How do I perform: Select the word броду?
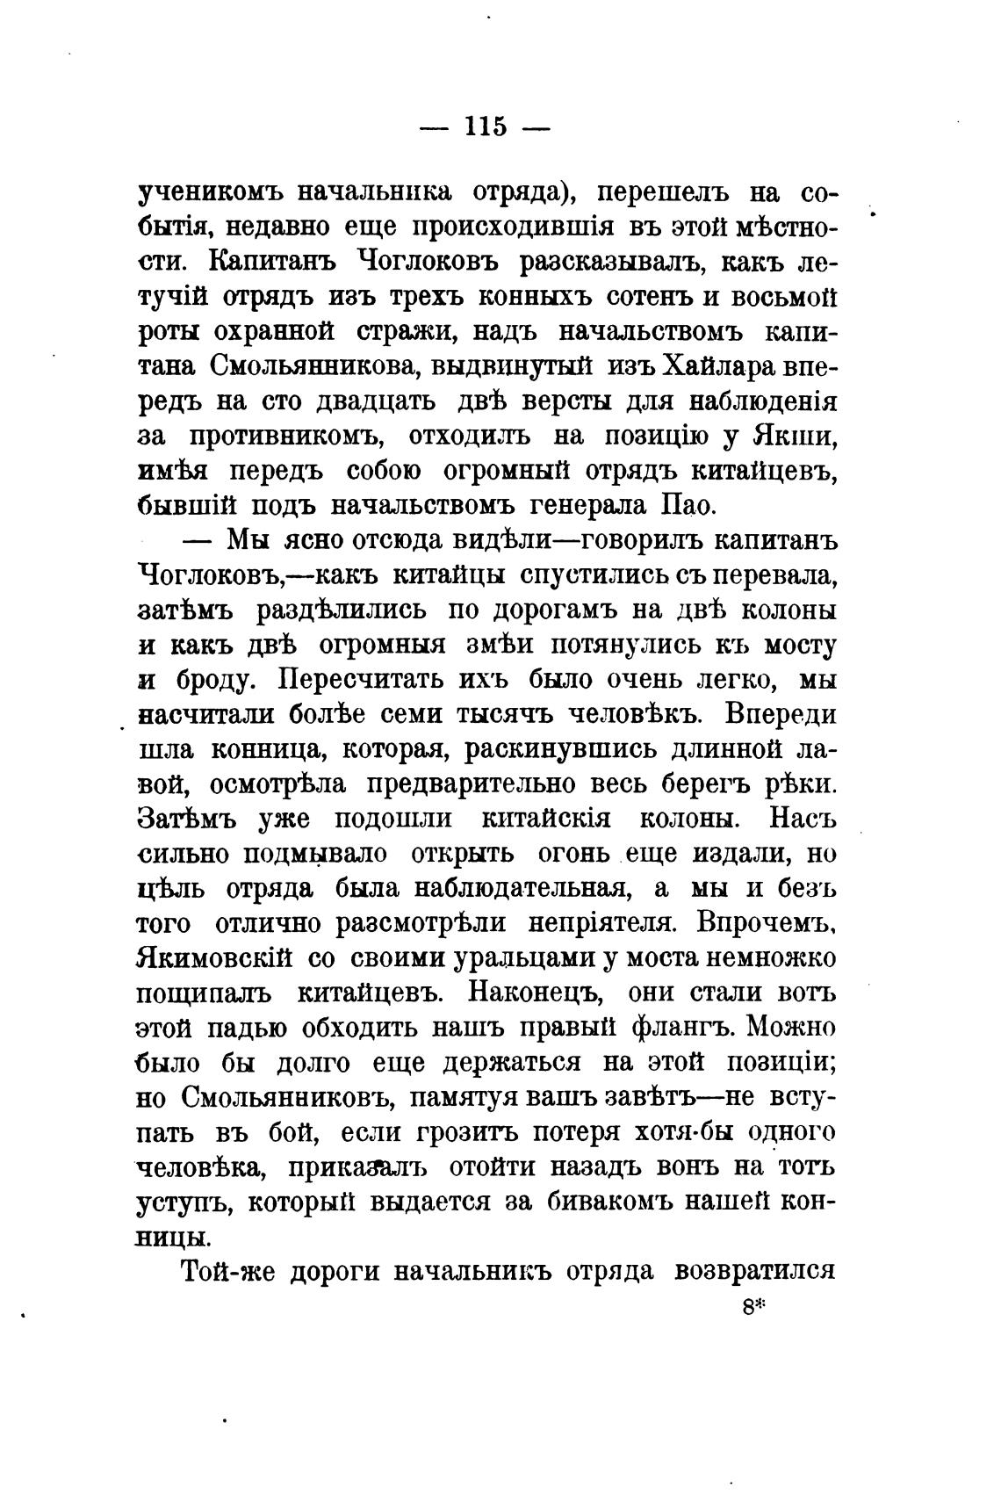[204, 680]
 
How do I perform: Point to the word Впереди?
[781, 714]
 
